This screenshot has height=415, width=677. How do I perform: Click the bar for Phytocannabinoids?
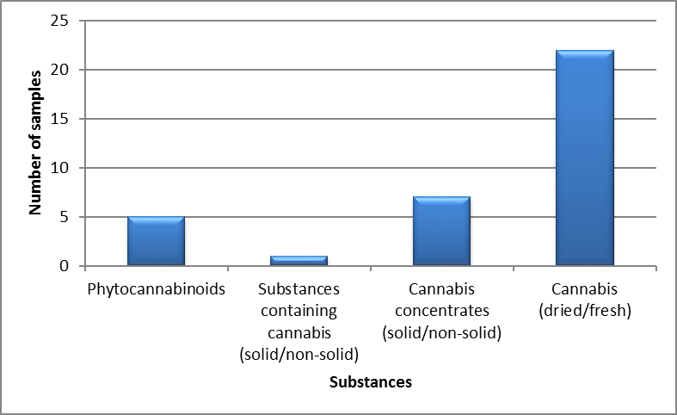click(x=156, y=242)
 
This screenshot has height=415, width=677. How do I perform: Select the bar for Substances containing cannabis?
click(x=298, y=261)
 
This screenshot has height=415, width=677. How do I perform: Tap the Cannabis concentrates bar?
click(x=441, y=232)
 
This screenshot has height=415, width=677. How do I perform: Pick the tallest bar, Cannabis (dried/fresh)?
click(x=584, y=158)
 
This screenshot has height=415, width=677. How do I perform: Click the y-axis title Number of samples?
click(x=36, y=144)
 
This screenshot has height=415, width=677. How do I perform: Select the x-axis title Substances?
click(x=370, y=382)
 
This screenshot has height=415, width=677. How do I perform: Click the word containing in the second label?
click(x=298, y=310)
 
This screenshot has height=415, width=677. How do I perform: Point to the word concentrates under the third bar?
click(x=441, y=310)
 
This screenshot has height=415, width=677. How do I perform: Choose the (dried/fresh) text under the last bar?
click(x=584, y=310)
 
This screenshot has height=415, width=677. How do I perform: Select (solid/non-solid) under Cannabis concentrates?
click(x=441, y=331)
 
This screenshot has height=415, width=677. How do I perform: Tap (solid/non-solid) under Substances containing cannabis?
click(x=298, y=353)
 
